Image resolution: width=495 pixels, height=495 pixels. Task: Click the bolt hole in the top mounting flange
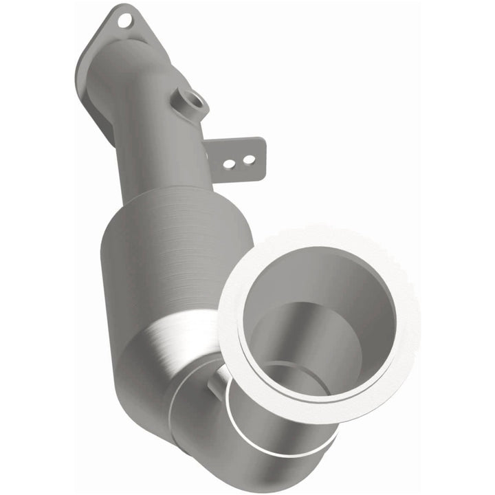click(x=124, y=21)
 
